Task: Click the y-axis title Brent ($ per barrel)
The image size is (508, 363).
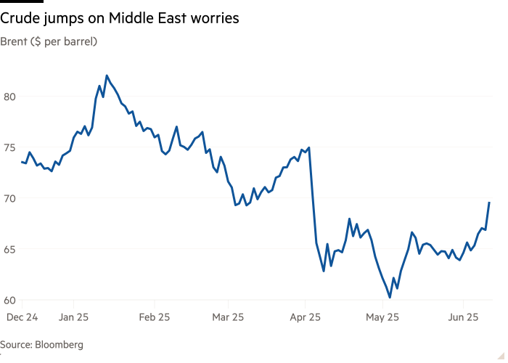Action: point(49,41)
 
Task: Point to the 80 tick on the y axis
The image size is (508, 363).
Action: point(9,97)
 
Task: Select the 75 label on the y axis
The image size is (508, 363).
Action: point(9,147)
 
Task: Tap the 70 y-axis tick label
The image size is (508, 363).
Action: point(9,198)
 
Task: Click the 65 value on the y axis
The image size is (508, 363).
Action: point(9,249)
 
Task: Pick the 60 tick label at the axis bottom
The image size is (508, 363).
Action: point(9,300)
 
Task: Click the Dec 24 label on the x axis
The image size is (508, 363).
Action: point(21,317)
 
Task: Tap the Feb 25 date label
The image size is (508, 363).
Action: point(154,317)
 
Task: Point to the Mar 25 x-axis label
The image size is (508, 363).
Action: point(229,317)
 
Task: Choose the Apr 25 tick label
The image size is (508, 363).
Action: point(305,317)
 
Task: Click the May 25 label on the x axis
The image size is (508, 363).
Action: point(382,317)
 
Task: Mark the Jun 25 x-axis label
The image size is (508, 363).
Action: point(462,317)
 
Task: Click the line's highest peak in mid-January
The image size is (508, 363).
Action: point(107,75)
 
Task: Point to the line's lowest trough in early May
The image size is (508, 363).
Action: point(390,297)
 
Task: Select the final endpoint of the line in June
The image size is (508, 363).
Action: point(489,203)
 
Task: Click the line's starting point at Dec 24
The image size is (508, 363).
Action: point(21,162)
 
